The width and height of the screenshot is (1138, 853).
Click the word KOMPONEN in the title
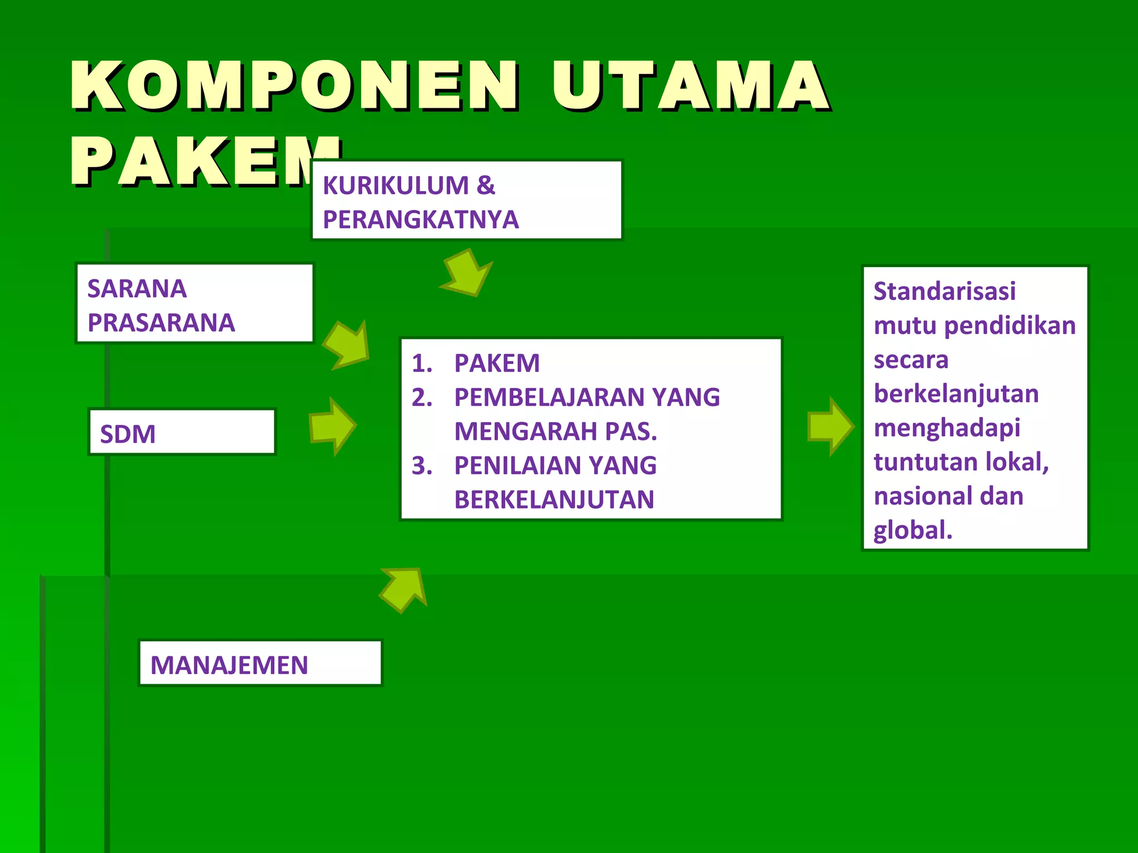click(295, 86)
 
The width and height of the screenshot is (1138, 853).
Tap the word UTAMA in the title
click(689, 86)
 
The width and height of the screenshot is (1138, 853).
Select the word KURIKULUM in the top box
click(396, 185)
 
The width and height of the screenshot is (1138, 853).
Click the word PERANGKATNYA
click(421, 220)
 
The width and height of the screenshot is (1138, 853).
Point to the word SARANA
click(137, 289)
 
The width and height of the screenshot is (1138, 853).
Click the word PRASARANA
click(161, 323)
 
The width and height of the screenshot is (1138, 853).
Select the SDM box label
click(128, 434)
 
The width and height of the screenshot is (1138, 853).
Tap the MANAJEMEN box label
click(229, 665)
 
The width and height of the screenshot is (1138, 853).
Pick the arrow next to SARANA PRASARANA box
click(348, 345)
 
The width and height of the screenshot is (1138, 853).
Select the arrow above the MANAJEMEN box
click(405, 590)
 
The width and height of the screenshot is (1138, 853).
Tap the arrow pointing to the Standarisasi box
click(830, 426)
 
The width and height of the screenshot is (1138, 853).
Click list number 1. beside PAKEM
click(422, 364)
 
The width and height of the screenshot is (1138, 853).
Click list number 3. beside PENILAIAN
click(422, 466)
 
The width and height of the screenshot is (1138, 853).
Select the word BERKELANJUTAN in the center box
click(554, 500)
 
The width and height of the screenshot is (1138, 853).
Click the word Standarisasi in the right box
click(944, 292)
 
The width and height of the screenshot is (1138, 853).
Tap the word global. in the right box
click(912, 530)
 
